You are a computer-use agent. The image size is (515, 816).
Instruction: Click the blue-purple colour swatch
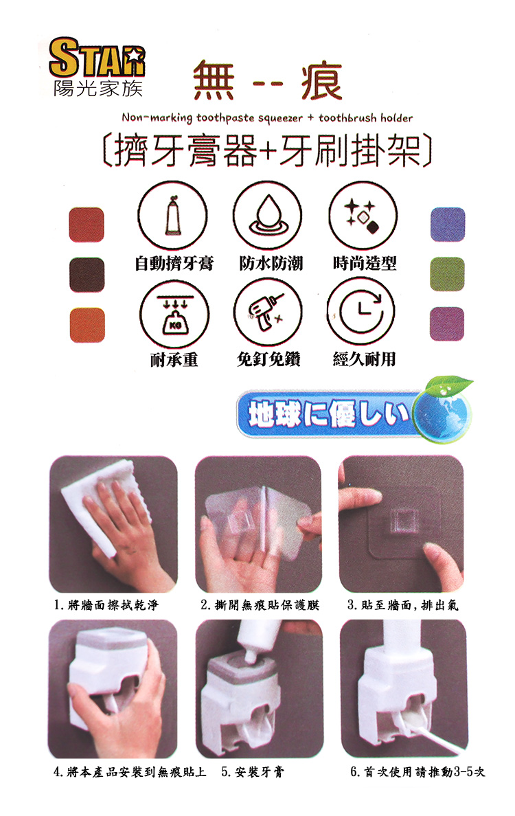click(x=447, y=225)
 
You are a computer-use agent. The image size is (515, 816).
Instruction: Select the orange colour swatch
click(x=87, y=325)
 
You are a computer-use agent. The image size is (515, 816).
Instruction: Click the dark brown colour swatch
click(x=87, y=275)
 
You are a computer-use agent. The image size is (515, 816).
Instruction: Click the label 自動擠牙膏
click(x=174, y=264)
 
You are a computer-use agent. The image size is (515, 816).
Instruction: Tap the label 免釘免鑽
click(x=268, y=359)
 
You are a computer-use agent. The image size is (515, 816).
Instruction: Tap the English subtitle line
click(x=267, y=117)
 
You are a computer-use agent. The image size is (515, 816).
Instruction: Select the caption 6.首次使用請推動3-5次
click(x=417, y=771)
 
